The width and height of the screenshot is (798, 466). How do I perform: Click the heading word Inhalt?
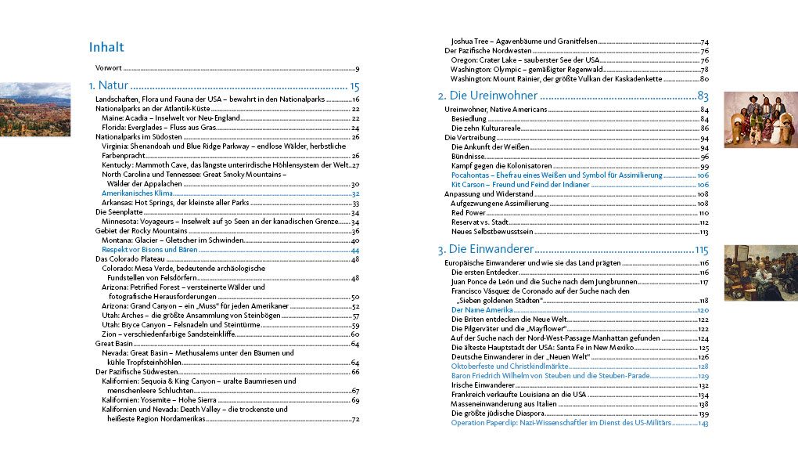point(106,48)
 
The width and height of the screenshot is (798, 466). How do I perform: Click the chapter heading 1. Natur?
point(108,86)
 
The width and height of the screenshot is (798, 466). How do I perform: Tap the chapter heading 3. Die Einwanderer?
point(484,250)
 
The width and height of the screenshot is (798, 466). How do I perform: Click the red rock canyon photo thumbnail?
point(35,106)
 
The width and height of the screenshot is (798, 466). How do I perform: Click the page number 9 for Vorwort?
point(357,69)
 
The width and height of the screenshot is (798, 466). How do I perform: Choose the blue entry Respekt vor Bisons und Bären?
point(149,250)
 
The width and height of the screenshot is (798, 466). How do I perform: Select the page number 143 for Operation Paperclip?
point(703,423)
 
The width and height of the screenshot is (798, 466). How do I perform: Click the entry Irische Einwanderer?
point(482,385)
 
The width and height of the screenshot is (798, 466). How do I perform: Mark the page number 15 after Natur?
point(354,86)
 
